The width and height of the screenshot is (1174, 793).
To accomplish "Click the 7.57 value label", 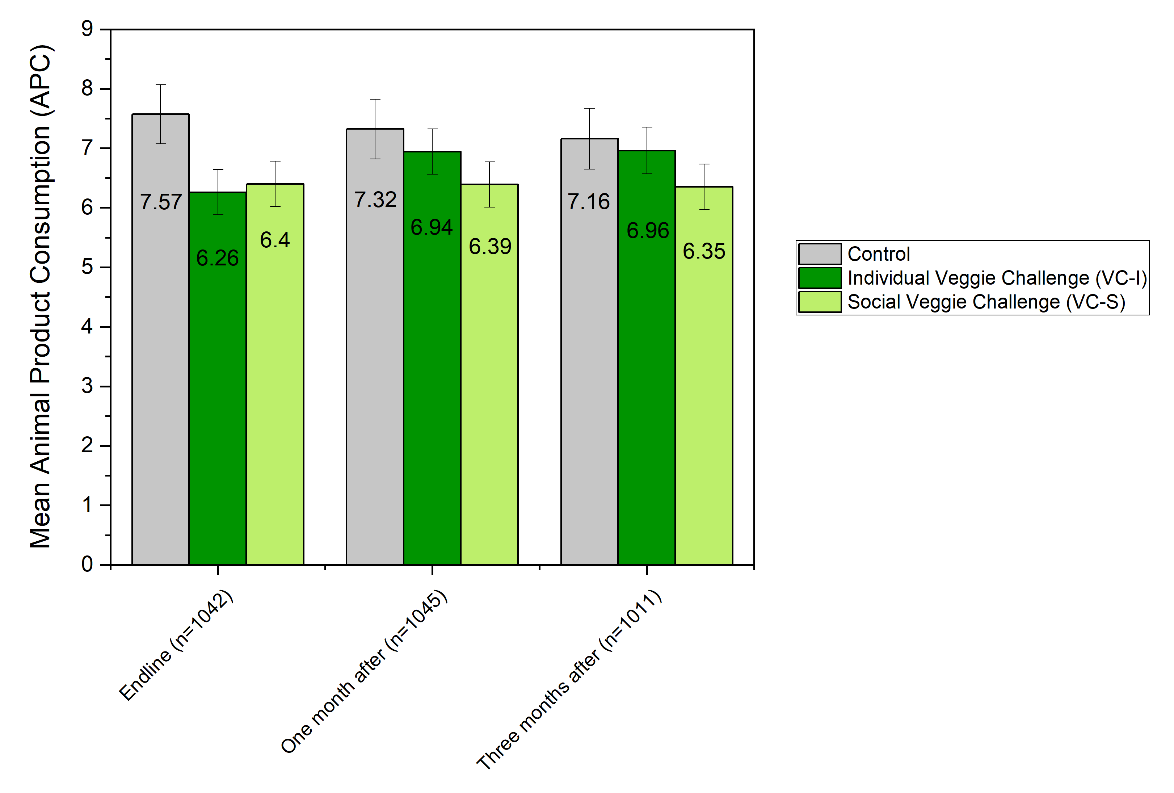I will [161, 202].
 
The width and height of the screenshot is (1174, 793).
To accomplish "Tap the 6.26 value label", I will [217, 258].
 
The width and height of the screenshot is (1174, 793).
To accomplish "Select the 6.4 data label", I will [275, 240].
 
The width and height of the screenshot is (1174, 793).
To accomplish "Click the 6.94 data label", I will [432, 227].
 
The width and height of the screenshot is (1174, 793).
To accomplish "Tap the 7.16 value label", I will [589, 202].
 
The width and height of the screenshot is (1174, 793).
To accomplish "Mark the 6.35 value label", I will [704, 251].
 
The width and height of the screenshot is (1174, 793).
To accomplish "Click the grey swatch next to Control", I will [819, 254].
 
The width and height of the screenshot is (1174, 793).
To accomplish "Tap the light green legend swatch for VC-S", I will [819, 302].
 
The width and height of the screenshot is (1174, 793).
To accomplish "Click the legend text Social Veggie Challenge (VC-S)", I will [986, 302].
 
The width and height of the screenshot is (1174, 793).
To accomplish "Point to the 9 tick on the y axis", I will [87, 29].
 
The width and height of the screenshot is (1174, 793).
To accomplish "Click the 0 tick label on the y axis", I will [87, 564].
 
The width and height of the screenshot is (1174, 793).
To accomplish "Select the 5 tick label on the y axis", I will [87, 267].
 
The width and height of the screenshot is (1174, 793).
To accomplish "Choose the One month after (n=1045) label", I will [364, 672].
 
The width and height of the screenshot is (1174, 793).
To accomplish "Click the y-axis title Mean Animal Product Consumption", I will [41, 297].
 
